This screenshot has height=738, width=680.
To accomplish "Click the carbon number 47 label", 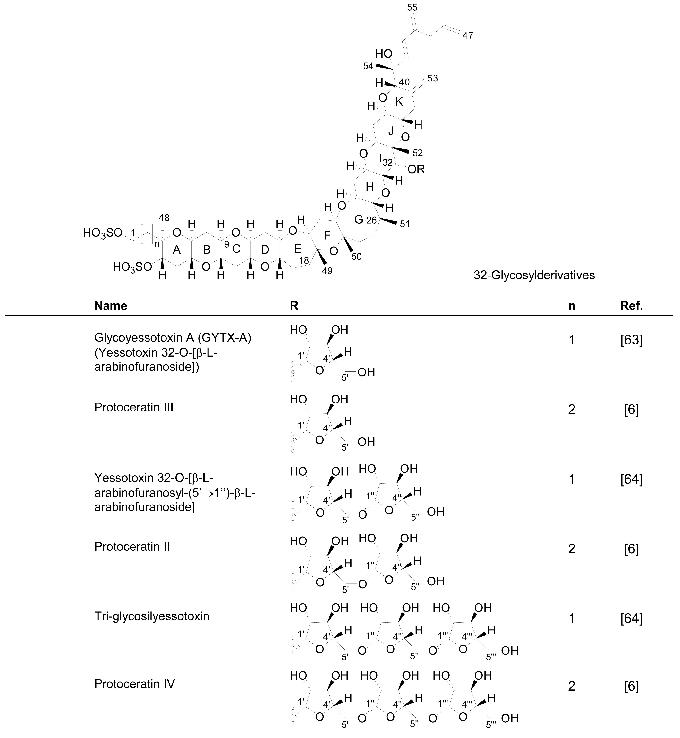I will pos(467,36).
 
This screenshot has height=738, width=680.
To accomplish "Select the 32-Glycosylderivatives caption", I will pos(534,275).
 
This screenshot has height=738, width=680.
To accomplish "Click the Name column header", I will pos(111,306).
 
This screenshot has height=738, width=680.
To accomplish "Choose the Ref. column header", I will pos(631,306).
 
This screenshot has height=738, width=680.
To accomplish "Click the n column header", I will pos(571,306).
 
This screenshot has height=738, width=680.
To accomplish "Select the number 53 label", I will pos(433,78).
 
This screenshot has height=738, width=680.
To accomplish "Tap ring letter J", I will pos(391,131).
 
